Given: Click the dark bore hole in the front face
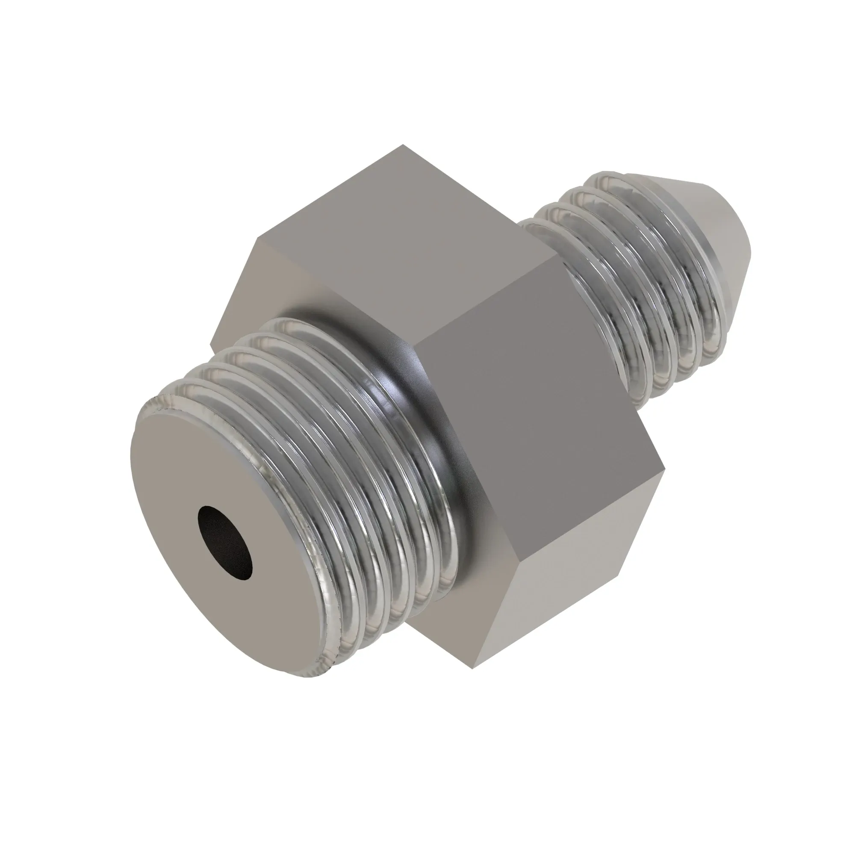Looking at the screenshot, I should [x=225, y=541].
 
